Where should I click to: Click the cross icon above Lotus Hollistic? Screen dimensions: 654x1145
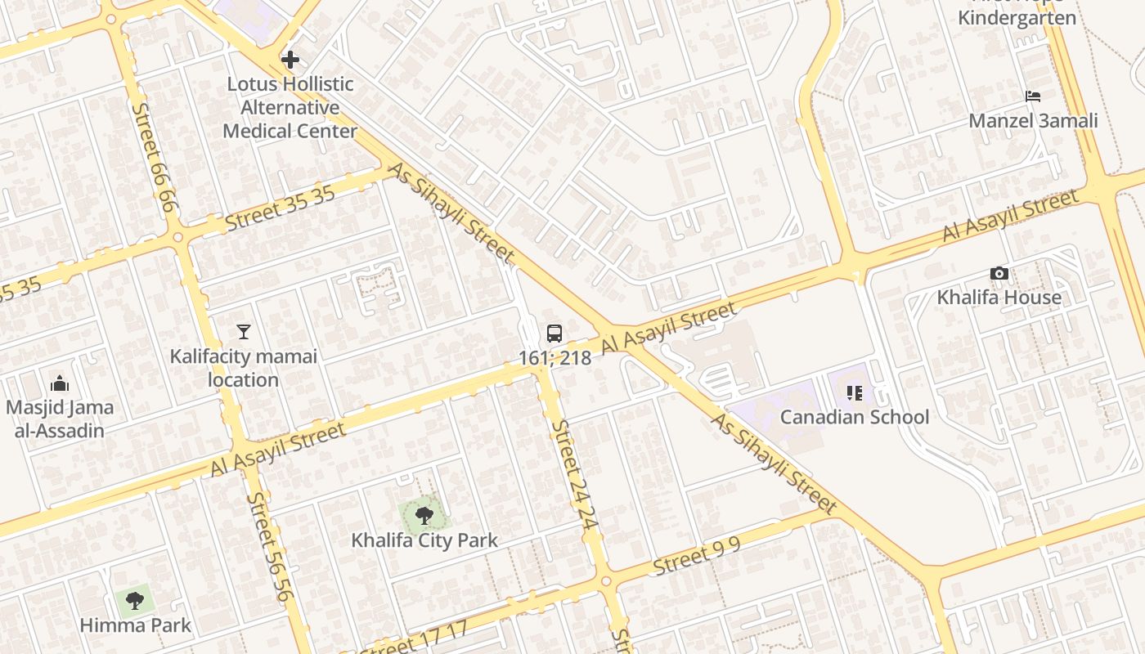(x=290, y=60)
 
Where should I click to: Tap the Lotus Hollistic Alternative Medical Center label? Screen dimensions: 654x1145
(x=290, y=107)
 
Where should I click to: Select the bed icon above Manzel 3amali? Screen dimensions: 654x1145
(x=1033, y=96)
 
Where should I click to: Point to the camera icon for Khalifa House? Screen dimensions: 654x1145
(x=999, y=274)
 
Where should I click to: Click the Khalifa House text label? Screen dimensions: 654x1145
(x=999, y=298)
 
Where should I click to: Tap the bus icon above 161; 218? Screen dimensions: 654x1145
(x=555, y=334)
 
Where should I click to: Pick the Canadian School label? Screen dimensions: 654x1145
(x=854, y=417)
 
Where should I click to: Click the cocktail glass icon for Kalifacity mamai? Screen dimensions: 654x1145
(x=243, y=332)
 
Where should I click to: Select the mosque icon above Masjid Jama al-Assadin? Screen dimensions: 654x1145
(x=59, y=383)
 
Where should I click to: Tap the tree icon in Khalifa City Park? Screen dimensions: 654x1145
(x=424, y=516)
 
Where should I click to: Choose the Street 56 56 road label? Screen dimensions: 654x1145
(x=269, y=546)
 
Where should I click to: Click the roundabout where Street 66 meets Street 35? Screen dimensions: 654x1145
(x=178, y=238)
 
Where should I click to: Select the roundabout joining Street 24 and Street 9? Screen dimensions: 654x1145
(x=605, y=582)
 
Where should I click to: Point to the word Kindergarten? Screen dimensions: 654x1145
(x=1017, y=18)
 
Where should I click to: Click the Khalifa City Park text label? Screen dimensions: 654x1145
(x=424, y=540)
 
